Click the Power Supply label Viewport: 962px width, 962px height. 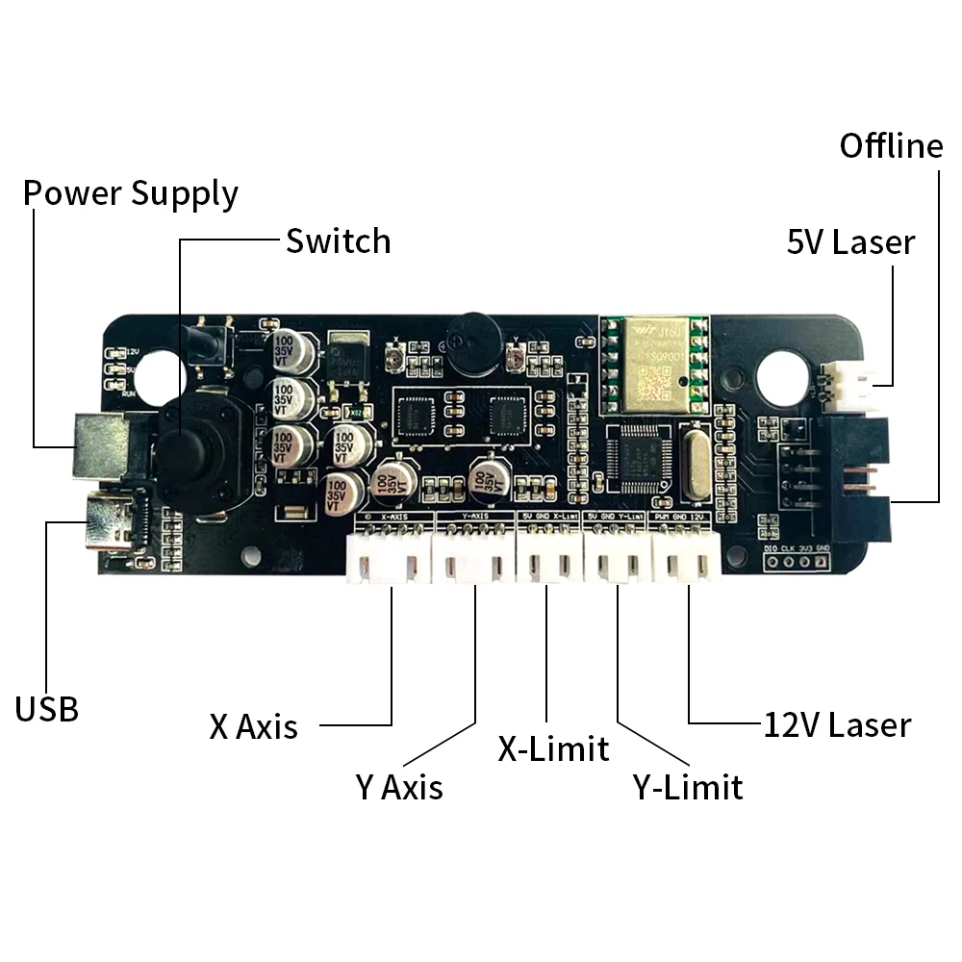131,192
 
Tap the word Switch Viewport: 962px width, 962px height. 339,240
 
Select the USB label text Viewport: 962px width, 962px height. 47,709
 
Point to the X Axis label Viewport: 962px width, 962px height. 254,726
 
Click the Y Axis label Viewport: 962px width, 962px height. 399,787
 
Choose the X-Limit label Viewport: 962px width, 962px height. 553,747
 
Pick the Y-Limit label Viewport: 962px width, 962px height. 688,787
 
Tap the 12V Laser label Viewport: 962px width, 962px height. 837,724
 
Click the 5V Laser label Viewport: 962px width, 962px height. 850,242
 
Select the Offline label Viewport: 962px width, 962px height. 891,146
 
